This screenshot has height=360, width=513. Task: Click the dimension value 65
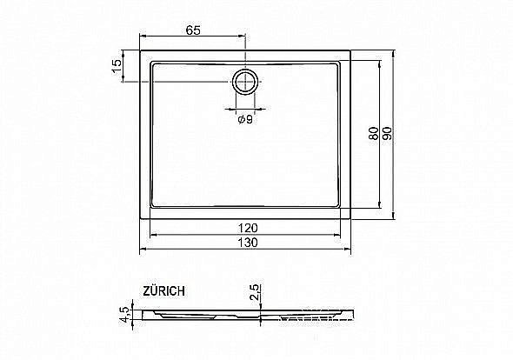click(193, 30)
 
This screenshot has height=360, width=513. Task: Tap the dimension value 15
click(116, 67)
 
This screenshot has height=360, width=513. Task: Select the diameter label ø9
click(245, 120)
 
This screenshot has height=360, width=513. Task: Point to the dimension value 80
click(372, 135)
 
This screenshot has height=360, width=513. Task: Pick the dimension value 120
click(246, 228)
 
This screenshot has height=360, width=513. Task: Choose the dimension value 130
click(246, 243)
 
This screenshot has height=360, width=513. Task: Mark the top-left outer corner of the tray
click(141, 50)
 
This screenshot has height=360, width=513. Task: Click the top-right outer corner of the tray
click(351, 50)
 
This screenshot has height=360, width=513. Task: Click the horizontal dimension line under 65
click(193, 37)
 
